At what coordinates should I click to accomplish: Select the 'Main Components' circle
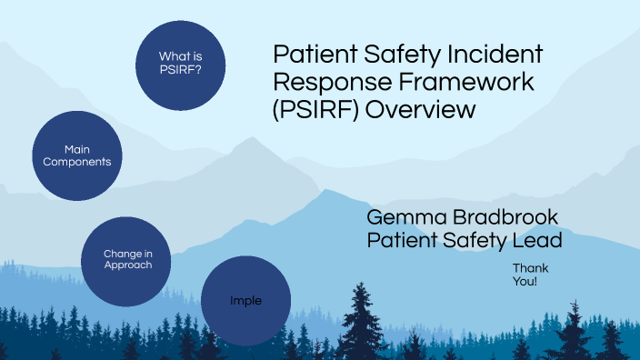[x=76, y=155]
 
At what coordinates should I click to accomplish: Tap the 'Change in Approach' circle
[x=127, y=258]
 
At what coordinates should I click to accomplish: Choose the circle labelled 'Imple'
[x=245, y=300]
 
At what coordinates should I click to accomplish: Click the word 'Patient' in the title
[x=311, y=55]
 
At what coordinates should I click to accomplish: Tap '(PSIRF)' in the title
[x=309, y=110]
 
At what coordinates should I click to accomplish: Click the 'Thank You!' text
[x=525, y=275]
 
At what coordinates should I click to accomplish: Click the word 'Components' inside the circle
[x=76, y=162]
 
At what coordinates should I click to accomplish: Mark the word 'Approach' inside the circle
[x=127, y=265]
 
